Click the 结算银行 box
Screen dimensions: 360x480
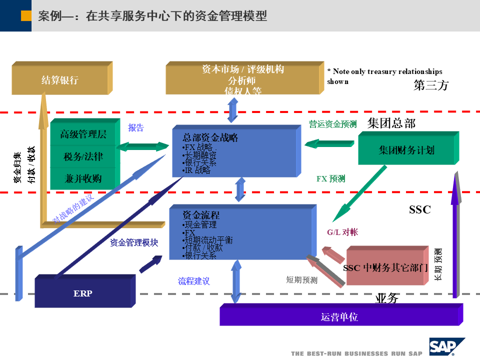[x=59, y=80]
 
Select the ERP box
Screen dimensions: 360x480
[x=82, y=293]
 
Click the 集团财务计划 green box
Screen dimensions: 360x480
[x=406, y=150]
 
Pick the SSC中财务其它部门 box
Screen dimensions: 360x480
[x=385, y=268]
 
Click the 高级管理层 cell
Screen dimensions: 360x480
[x=83, y=134]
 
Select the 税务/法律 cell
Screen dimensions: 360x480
[x=83, y=156]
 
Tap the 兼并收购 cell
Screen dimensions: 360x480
[x=83, y=178]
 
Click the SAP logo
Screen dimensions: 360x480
[x=446, y=346]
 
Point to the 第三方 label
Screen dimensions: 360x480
[x=431, y=85]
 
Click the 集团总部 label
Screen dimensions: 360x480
[x=391, y=123]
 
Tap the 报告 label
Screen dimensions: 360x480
[x=136, y=128]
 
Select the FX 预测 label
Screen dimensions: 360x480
[x=330, y=178]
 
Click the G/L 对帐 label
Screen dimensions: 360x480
[x=342, y=232]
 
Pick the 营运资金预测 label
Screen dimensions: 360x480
[x=332, y=124]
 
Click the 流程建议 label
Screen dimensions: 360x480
[x=194, y=281]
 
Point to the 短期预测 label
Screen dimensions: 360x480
[x=301, y=280]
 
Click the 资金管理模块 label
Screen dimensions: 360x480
[x=134, y=243]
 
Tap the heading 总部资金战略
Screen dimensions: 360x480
[x=210, y=137]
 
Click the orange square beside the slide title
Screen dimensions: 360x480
[x=26, y=16]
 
